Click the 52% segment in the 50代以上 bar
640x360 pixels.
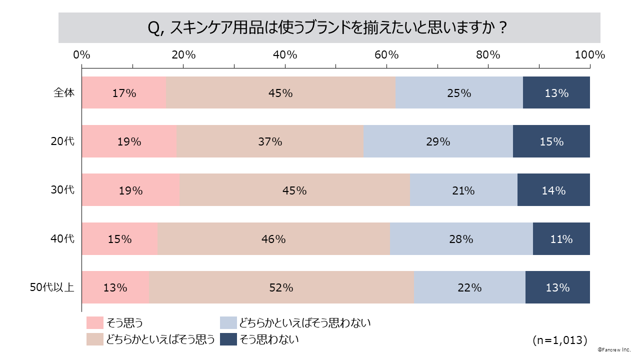click(x=281, y=287)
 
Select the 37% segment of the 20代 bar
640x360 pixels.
click(x=270, y=141)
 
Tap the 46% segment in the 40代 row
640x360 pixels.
click(x=273, y=239)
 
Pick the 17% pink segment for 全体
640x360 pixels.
click(x=124, y=93)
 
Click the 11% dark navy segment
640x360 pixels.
click(x=561, y=239)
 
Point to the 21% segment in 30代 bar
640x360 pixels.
click(x=463, y=190)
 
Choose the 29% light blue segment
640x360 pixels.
click(x=438, y=141)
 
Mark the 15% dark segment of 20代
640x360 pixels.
click(x=551, y=141)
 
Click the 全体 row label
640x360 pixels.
click(x=64, y=93)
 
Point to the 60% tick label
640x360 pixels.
click(x=386, y=55)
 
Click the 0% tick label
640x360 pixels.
click(x=81, y=55)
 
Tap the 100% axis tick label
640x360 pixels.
click(x=590, y=55)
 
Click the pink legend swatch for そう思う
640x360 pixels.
click(x=94, y=323)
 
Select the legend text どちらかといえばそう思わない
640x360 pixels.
click(x=305, y=323)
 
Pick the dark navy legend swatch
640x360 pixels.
click(x=228, y=339)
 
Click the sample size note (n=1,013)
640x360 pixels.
click(x=559, y=340)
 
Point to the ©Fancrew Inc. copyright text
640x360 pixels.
click(x=614, y=351)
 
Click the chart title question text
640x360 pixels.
click(x=329, y=28)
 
